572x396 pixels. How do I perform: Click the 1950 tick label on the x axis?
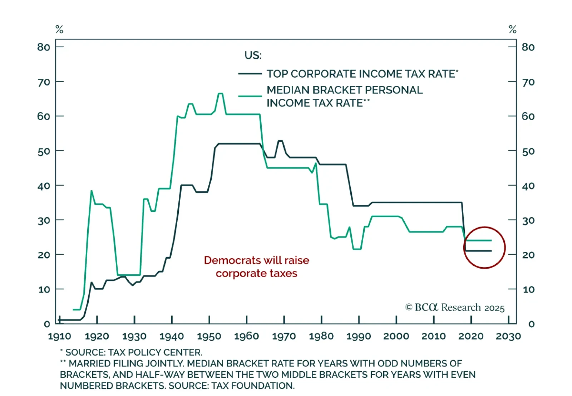209,336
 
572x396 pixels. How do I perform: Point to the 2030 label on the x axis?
508,336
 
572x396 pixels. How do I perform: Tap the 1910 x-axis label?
59,336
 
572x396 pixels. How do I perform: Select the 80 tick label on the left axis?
44,47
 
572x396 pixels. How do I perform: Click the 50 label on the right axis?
528,151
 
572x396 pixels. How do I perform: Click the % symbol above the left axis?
59,29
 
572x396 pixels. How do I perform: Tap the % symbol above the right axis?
513,29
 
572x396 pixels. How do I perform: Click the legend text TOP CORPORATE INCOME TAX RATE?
361,74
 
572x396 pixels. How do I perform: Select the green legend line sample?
250,96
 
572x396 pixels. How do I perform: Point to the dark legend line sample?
250,74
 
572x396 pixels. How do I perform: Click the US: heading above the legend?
253,55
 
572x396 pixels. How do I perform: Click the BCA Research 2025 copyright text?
455,308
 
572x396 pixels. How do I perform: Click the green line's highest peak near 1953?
220,94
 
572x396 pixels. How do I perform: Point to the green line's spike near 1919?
92,191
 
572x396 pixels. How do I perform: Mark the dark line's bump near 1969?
280,141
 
